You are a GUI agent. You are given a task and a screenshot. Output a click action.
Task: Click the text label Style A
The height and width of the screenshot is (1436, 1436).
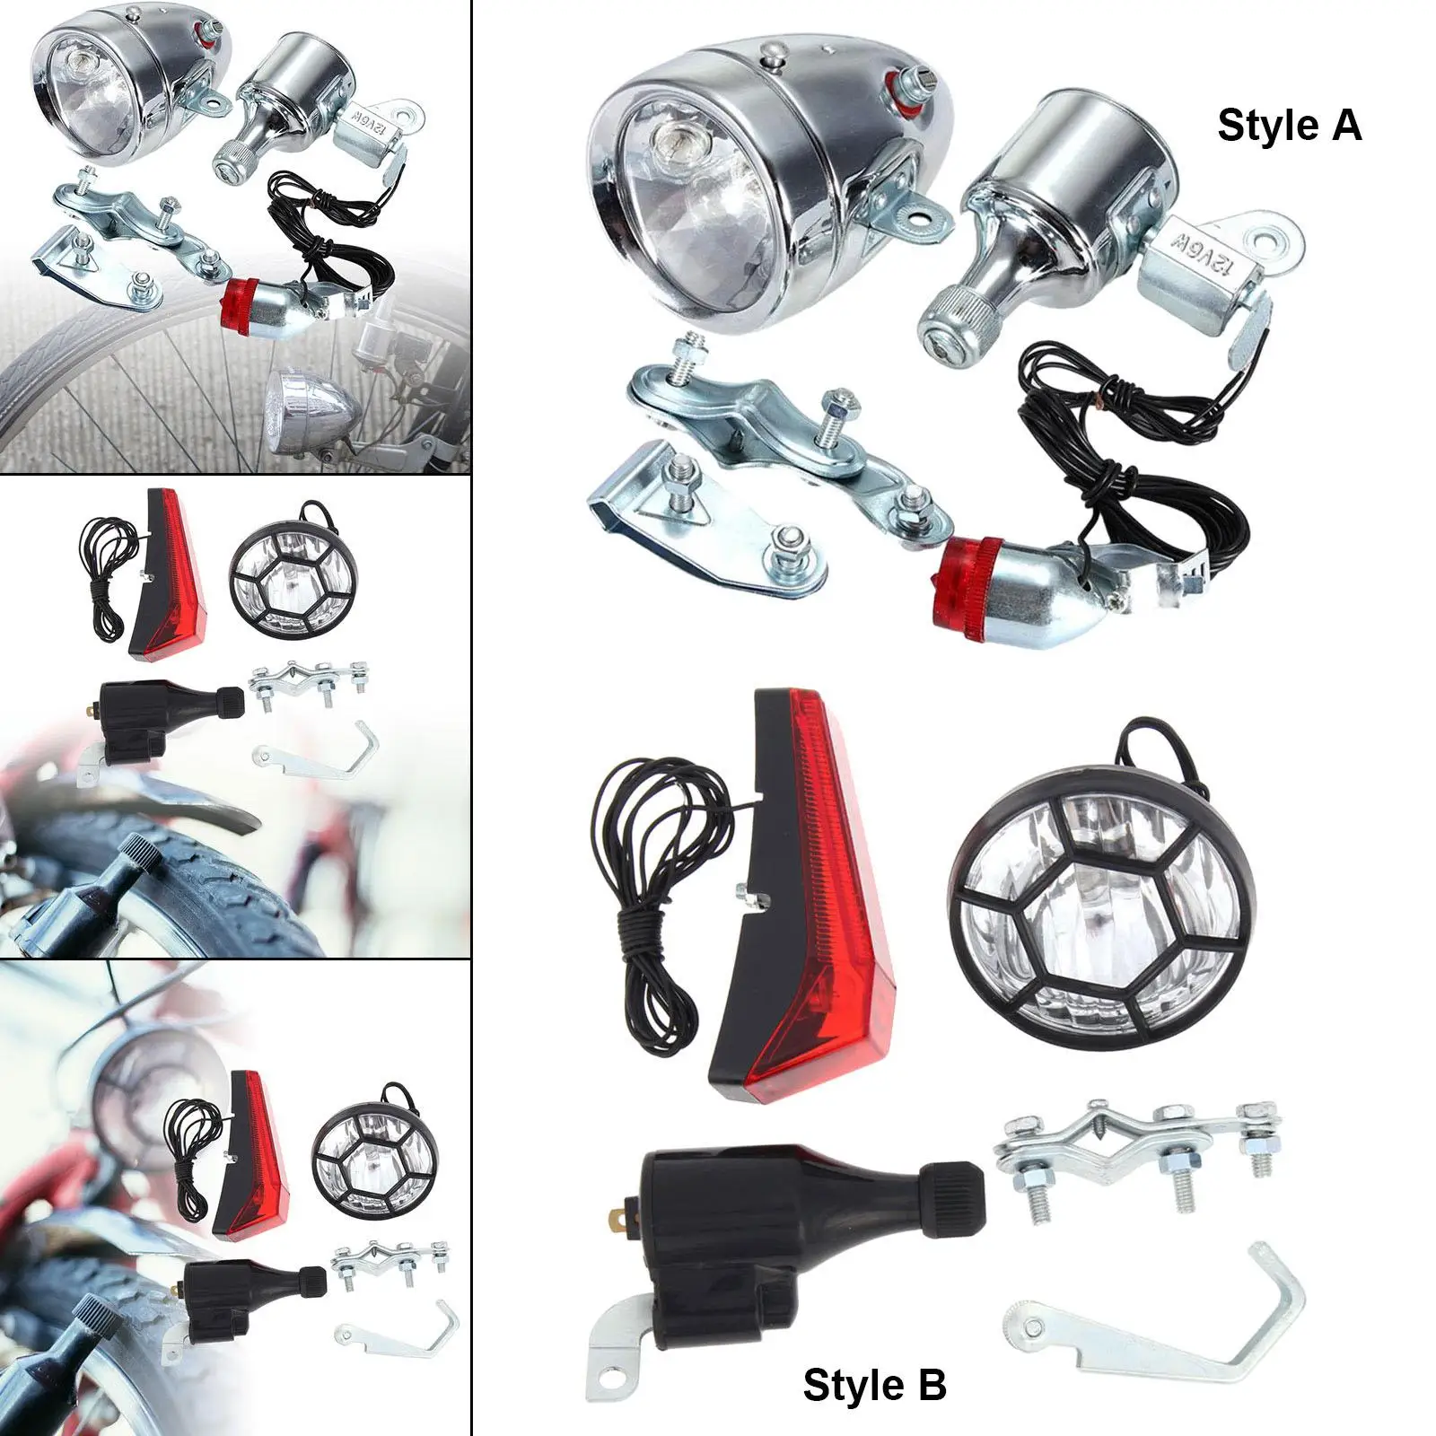(x=1289, y=126)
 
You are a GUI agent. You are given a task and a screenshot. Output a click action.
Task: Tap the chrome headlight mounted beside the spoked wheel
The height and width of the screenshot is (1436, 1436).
(x=314, y=411)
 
